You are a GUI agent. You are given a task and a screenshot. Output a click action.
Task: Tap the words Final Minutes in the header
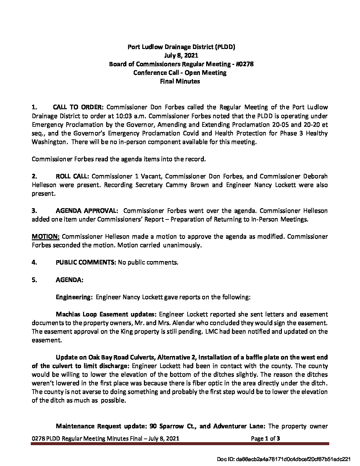(180, 81)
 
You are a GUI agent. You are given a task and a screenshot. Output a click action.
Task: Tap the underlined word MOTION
(46, 237)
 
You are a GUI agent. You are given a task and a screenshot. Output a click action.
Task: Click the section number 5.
(34, 280)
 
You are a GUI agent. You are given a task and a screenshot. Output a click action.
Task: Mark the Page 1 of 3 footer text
(266, 439)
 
